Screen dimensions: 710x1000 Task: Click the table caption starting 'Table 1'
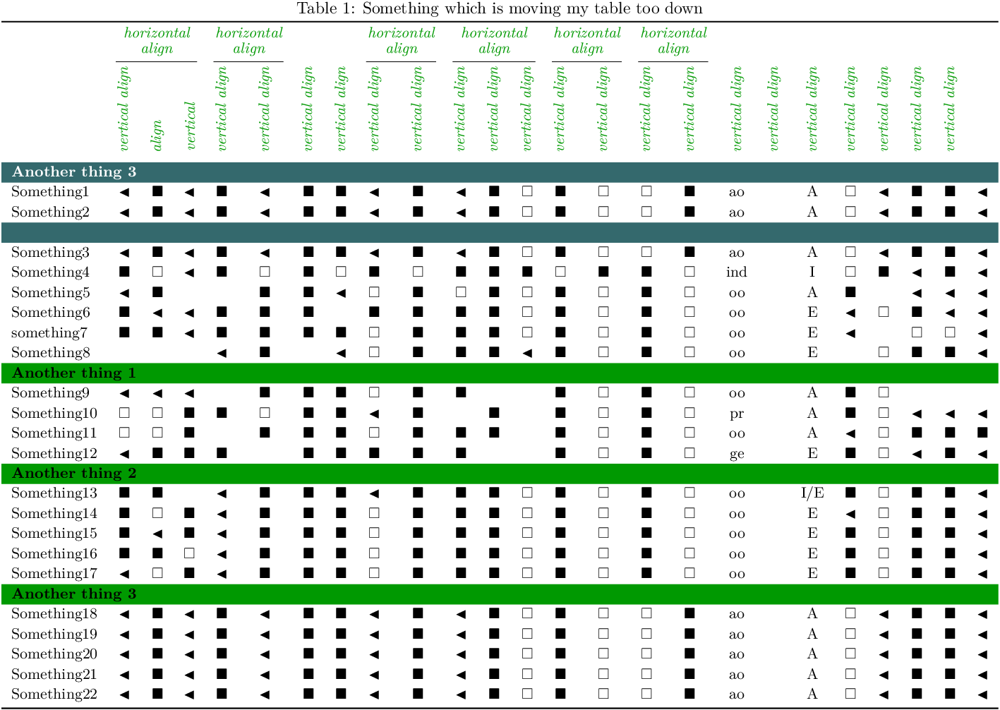pos(500,8)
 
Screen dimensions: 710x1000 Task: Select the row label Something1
pos(50,192)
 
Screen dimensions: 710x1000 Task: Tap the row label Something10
pos(54,414)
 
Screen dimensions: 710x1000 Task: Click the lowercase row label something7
pos(49,333)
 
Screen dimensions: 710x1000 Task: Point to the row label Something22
pos(54,694)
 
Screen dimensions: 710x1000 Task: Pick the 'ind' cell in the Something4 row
pos(736,272)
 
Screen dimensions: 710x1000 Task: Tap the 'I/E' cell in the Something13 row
pos(812,493)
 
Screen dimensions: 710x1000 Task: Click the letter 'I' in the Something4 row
pos(812,272)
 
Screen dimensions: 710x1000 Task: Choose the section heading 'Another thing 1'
pos(73,373)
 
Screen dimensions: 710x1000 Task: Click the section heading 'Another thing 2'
pos(73,474)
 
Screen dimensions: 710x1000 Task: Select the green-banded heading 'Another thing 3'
pos(73,594)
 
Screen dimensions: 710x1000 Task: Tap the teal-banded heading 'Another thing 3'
pos(73,172)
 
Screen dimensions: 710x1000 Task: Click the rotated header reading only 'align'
pos(157,135)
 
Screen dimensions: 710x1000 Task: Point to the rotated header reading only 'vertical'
pos(190,126)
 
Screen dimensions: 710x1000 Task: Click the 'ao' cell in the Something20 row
pos(736,655)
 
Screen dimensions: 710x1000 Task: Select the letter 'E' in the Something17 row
pos(812,574)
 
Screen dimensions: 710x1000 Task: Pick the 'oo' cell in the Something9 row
pos(736,394)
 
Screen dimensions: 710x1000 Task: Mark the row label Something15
pos(54,534)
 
